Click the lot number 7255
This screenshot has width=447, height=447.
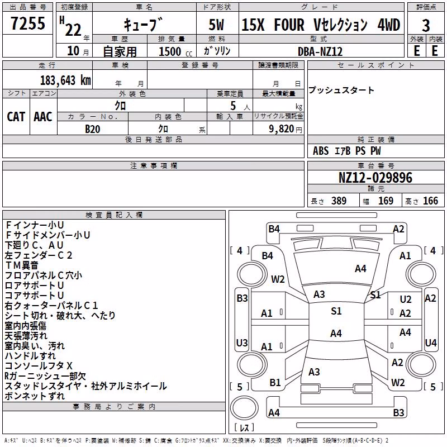click(x=28, y=23)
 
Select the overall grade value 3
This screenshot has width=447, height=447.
click(x=426, y=26)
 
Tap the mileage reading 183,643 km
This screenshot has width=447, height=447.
click(x=65, y=80)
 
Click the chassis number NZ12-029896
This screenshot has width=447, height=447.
click(x=375, y=178)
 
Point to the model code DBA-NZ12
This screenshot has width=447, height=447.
click(x=320, y=51)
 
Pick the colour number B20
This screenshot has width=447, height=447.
click(x=93, y=129)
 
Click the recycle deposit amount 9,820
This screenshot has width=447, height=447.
click(x=282, y=129)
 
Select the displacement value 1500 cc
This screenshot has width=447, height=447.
click(x=175, y=51)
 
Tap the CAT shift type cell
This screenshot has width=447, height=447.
click(x=16, y=117)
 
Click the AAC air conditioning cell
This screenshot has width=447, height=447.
click(x=43, y=117)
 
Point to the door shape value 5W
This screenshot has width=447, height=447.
click(x=216, y=25)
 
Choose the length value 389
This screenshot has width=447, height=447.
click(x=339, y=201)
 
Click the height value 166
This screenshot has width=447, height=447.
click(x=430, y=201)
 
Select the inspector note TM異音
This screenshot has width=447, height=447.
click(x=22, y=265)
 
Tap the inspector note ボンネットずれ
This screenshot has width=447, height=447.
click(x=35, y=396)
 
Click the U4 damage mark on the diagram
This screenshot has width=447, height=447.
click(x=430, y=343)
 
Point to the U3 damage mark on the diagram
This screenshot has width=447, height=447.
click(x=242, y=343)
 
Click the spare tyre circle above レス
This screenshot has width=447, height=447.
click(x=244, y=407)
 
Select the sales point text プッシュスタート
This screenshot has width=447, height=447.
click(x=341, y=91)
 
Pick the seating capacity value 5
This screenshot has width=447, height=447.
click(x=233, y=106)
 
